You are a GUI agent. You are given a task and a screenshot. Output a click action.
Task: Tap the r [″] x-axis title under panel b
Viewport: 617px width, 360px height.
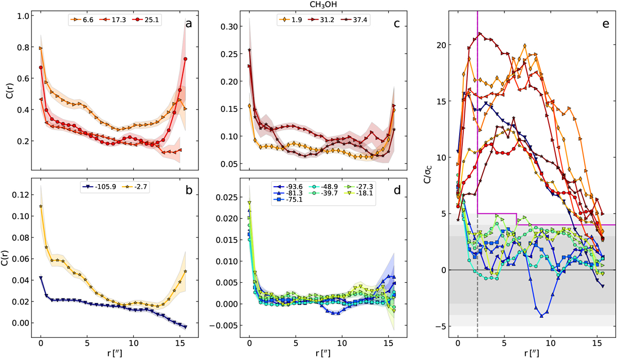coord(114,353)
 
